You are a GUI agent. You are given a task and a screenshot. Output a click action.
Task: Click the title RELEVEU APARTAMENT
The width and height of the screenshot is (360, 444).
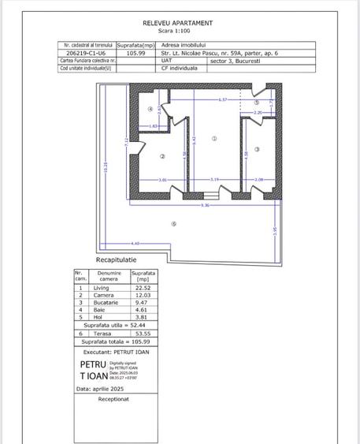tap(177, 24)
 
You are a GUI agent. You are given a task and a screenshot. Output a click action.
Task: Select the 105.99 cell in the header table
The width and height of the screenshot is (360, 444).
tap(135, 53)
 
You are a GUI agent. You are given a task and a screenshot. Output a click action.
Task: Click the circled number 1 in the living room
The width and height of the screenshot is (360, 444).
tap(213, 138)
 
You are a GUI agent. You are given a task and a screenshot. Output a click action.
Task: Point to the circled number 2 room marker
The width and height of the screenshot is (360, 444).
tap(162, 155)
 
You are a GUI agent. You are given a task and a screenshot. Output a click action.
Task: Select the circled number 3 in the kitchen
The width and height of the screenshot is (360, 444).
tap(257, 148)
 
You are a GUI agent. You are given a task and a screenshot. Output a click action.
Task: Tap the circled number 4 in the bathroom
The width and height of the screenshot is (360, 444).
tap(150, 109)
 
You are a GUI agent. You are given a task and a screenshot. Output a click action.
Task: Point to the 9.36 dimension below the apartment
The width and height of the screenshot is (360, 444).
tap(205, 205)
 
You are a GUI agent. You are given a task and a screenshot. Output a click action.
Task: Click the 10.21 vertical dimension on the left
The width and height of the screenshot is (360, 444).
tap(105, 166)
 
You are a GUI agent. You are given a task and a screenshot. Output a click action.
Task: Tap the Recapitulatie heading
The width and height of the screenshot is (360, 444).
tap(116, 259)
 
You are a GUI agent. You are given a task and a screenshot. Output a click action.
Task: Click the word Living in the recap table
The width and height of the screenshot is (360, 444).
tap(100, 288)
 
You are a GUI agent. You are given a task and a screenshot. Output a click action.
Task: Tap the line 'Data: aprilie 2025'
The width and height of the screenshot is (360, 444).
tap(106, 389)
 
